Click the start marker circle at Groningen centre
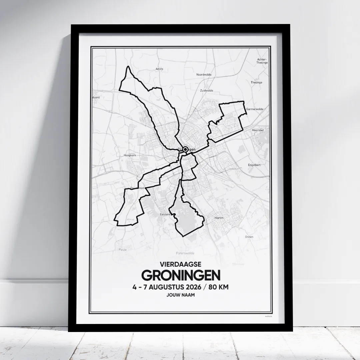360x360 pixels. [x=185, y=150]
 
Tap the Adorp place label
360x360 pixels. [x=160, y=69]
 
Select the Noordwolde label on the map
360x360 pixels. [x=204, y=75]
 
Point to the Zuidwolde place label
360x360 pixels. [x=206, y=90]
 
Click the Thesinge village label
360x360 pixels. [x=256, y=82]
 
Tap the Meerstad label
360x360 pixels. [x=258, y=130]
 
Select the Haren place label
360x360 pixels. [x=219, y=218]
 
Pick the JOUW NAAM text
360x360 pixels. [x=181, y=295]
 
